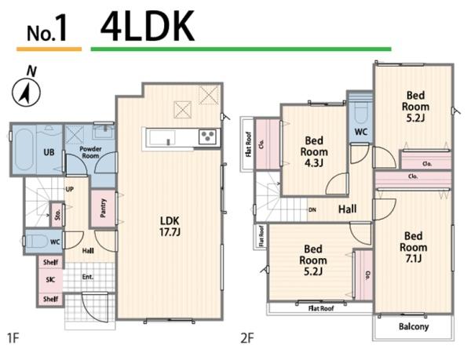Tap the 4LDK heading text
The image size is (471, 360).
tap(148, 27)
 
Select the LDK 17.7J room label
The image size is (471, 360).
tap(170, 226)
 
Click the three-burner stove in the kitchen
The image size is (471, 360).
tap(207, 136)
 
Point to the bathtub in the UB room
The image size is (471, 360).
tap(24, 149)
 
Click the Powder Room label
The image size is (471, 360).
tap(90, 152)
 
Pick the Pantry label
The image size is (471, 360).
tap(103, 208)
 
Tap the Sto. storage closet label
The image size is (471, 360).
tap(57, 214)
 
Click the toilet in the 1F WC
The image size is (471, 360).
tap(37, 242)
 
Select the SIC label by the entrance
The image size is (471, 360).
tap(50, 280)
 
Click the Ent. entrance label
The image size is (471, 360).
tap(88, 277)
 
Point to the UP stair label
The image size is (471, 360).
tap(69, 189)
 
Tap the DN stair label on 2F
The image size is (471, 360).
tap(312, 209)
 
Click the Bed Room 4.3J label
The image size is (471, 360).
tap(314, 151)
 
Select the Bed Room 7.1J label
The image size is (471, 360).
tap(414, 247)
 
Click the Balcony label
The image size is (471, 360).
tap(414, 326)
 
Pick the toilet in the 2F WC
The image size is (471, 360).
tap(360, 112)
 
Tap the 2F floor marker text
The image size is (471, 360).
tap(247, 338)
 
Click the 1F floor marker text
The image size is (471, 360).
tap(13, 338)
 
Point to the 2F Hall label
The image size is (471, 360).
tap(348, 209)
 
